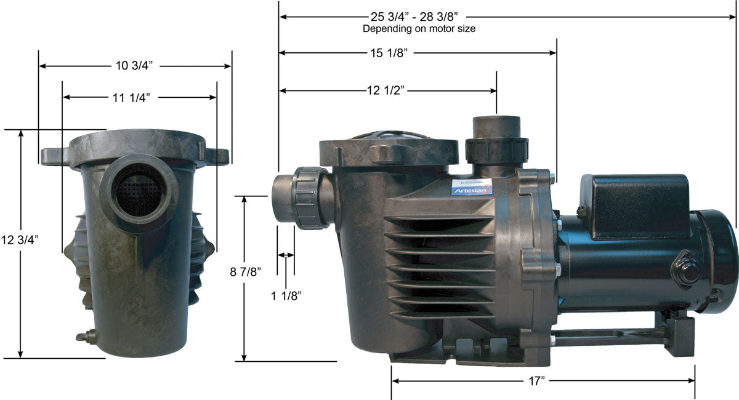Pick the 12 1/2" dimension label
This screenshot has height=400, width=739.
pos(386,91)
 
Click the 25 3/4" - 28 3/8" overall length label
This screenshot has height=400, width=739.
pos(418,17)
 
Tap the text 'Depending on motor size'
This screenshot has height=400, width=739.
pos(419,28)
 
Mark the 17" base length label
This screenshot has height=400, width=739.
pos(537,382)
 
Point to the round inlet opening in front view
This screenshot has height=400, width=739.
pos(139,193)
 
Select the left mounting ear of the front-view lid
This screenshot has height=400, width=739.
pos(54,156)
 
